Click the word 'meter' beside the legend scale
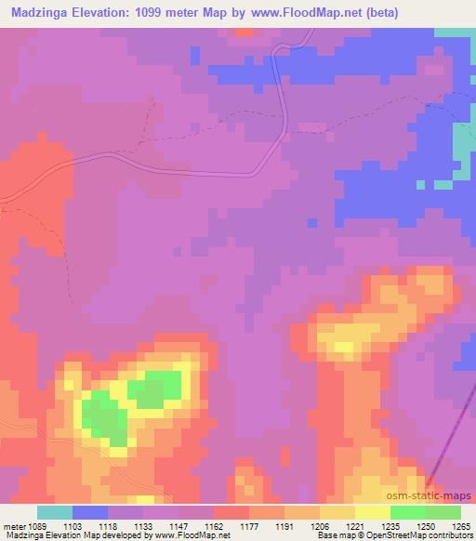[15, 523]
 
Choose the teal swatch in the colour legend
[55, 512]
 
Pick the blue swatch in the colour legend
[89, 512]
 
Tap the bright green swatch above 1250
[407, 512]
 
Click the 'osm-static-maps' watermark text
[437, 495]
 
